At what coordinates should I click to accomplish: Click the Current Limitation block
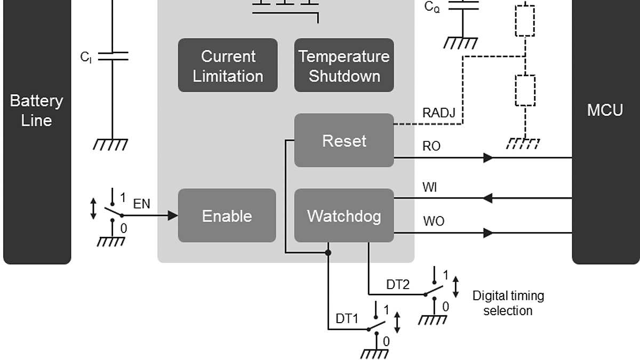click(228, 65)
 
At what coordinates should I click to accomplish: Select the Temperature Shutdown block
click(344, 65)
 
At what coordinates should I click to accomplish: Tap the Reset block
click(344, 140)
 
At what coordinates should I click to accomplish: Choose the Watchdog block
click(344, 215)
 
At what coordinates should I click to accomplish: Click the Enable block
click(227, 215)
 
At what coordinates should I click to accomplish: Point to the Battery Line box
click(37, 110)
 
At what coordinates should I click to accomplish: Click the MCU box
click(605, 110)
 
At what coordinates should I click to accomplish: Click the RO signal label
click(431, 146)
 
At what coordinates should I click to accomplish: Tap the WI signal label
click(430, 187)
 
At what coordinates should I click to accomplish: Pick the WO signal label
click(433, 221)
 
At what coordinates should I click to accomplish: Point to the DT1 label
click(347, 318)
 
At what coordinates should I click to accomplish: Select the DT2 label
click(398, 285)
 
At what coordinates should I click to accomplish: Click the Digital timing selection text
click(508, 303)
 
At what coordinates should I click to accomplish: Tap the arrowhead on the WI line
click(487, 198)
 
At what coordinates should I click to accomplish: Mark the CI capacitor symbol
click(113, 56)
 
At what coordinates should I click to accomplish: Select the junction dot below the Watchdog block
click(328, 252)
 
